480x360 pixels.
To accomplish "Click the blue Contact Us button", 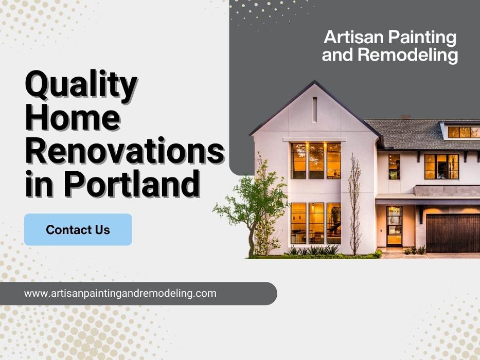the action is [78, 229].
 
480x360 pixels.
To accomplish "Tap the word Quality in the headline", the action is [81, 85].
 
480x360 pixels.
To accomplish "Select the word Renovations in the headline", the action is [125, 151].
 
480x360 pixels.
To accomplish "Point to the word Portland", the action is [132, 184].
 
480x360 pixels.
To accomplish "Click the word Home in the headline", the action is [73, 118].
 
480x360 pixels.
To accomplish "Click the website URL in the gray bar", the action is [120, 293].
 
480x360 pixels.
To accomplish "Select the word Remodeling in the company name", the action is [408, 55].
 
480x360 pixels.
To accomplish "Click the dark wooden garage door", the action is [453, 233].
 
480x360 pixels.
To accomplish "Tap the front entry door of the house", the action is [394, 226].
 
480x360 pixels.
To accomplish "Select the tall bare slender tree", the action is [354, 204].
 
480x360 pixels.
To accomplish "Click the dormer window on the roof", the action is [464, 132].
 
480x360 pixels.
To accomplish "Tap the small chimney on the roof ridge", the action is [406, 117].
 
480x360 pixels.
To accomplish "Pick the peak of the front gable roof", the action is [314, 81].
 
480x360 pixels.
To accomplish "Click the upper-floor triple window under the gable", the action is [316, 161].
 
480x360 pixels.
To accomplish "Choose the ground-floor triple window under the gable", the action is [316, 223].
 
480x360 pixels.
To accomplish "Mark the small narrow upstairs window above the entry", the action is [394, 167].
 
